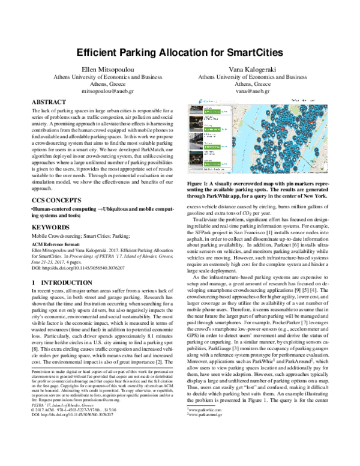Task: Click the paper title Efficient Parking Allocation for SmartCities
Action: coord(179,53)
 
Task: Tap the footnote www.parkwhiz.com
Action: coord(209,442)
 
